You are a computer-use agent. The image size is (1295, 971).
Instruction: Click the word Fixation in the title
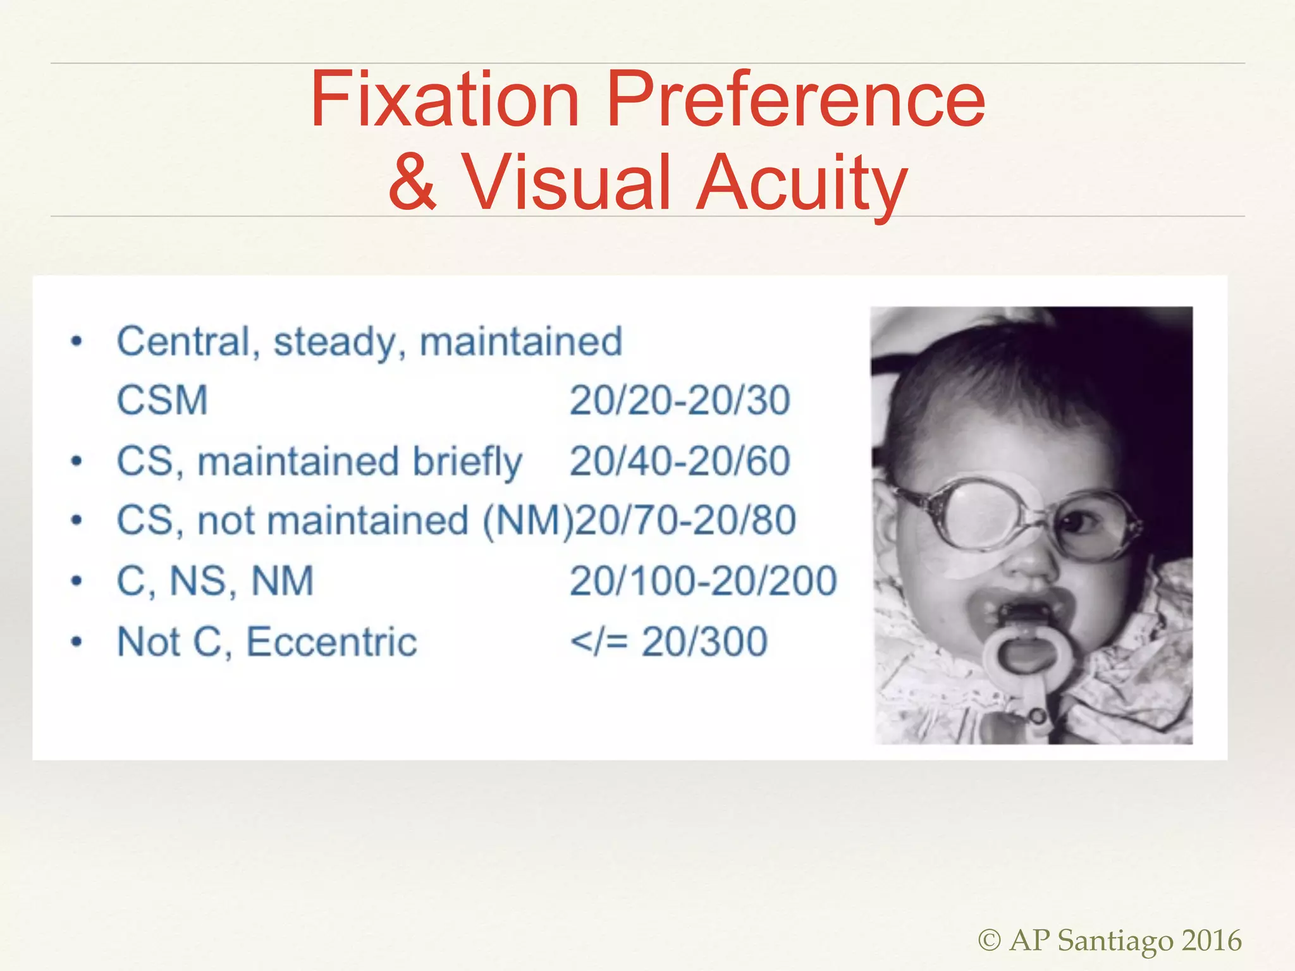pos(445,100)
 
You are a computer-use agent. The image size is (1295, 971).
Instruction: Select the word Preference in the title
pos(795,100)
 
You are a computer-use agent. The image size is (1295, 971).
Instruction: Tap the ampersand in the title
pos(412,182)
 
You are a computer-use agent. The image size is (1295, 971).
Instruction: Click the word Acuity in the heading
pos(801,183)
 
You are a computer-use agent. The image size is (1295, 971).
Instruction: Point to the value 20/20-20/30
pos(680,400)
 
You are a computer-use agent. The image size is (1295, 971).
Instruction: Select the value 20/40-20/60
pos(680,461)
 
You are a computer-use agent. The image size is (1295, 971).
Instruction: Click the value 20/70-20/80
pos(685,520)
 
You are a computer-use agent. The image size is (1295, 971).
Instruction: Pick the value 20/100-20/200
pos(703,581)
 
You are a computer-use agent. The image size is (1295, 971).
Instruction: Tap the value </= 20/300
pos(668,642)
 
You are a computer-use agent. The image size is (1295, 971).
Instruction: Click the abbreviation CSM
pos(163,400)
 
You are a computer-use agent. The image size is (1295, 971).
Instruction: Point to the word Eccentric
pos(331,642)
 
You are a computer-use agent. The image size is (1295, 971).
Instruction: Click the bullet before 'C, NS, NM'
pos(77,581)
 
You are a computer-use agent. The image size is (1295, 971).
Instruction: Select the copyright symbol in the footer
pos(990,940)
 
